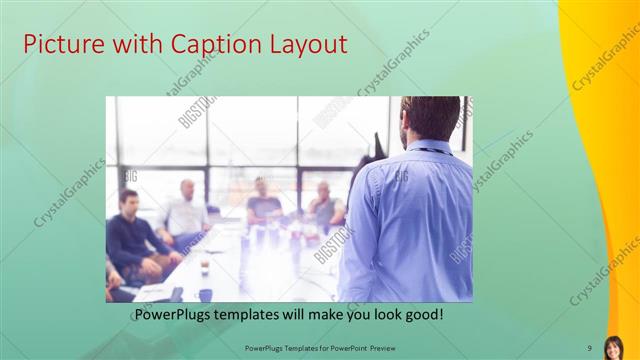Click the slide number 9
tap(590, 347)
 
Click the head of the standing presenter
tap(429, 118)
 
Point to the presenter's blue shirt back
tap(410, 220)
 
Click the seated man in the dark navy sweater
tap(133, 236)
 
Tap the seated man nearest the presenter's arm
tap(325, 205)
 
